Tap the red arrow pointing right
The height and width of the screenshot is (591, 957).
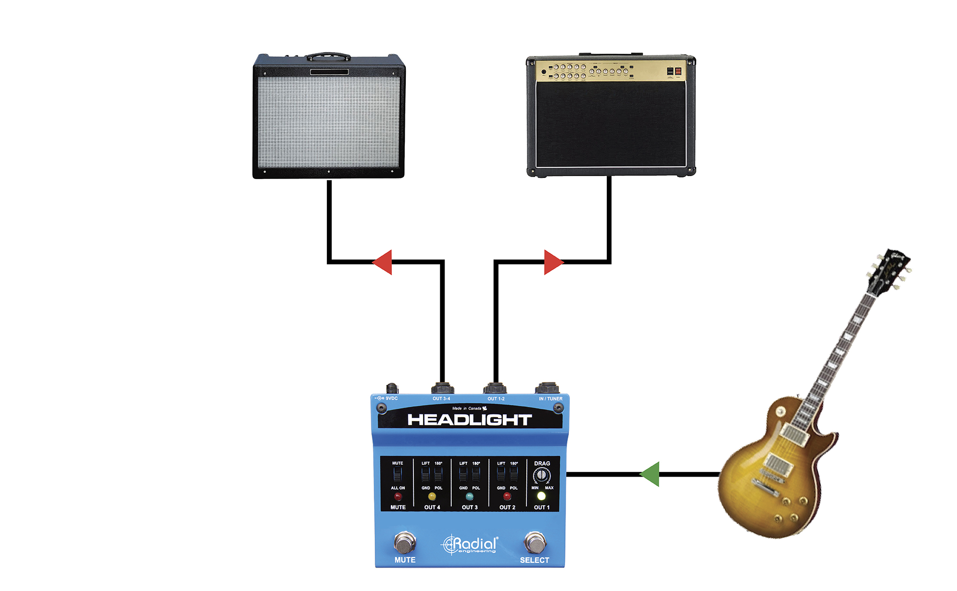[x=553, y=262]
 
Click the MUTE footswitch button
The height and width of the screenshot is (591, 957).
[x=405, y=543]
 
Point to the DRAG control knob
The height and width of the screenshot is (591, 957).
[x=542, y=475]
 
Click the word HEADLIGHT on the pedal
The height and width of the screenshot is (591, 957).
[x=469, y=420]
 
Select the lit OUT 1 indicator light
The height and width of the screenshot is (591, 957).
[x=541, y=496]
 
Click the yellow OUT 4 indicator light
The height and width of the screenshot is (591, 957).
[x=432, y=496]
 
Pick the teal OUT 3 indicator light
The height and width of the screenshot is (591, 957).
[x=469, y=496]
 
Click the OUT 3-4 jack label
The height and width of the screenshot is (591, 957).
[x=441, y=399]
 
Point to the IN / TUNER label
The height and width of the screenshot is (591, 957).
[x=551, y=399]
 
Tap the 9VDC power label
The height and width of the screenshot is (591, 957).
[x=391, y=398]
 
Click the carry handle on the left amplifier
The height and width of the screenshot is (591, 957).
[x=328, y=56]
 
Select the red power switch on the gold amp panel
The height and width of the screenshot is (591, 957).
[x=678, y=71]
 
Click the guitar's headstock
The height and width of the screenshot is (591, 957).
[x=889, y=269]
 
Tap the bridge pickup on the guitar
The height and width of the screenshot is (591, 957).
[x=776, y=464]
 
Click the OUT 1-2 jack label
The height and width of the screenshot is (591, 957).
[x=496, y=399]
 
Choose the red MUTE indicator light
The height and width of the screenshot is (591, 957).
[x=398, y=497]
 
